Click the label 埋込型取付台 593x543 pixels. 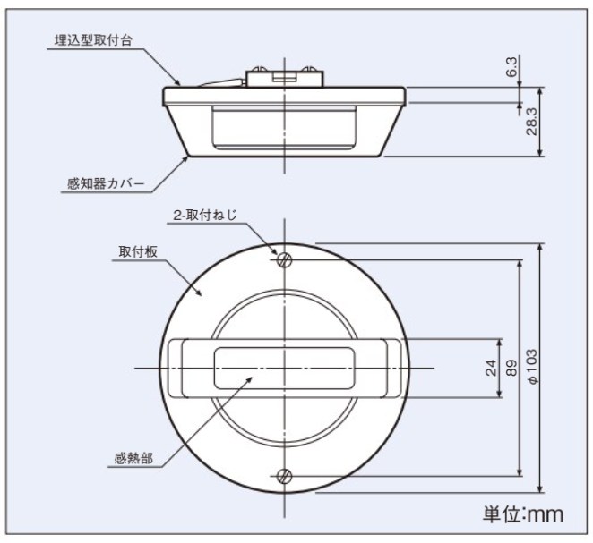[x=93, y=40]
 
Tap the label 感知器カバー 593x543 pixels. [x=106, y=184]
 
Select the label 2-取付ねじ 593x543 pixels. [x=205, y=216]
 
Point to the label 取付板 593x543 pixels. [x=138, y=252]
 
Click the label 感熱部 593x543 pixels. [x=133, y=458]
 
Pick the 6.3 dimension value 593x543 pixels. [x=511, y=67]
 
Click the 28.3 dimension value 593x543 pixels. [x=532, y=122]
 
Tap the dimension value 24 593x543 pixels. [x=491, y=368]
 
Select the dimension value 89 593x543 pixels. [x=511, y=368]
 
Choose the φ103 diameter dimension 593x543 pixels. [x=531, y=366]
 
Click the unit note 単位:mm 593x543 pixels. [x=523, y=513]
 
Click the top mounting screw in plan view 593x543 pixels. [x=284, y=259]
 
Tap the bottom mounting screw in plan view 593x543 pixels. [x=284, y=476]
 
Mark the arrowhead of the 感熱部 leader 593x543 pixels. [x=250, y=378]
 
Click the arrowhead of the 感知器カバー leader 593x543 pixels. [x=186, y=157]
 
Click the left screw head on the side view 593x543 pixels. [x=260, y=69]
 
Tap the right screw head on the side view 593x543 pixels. [x=308, y=69]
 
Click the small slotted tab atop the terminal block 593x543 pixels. [x=284, y=77]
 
